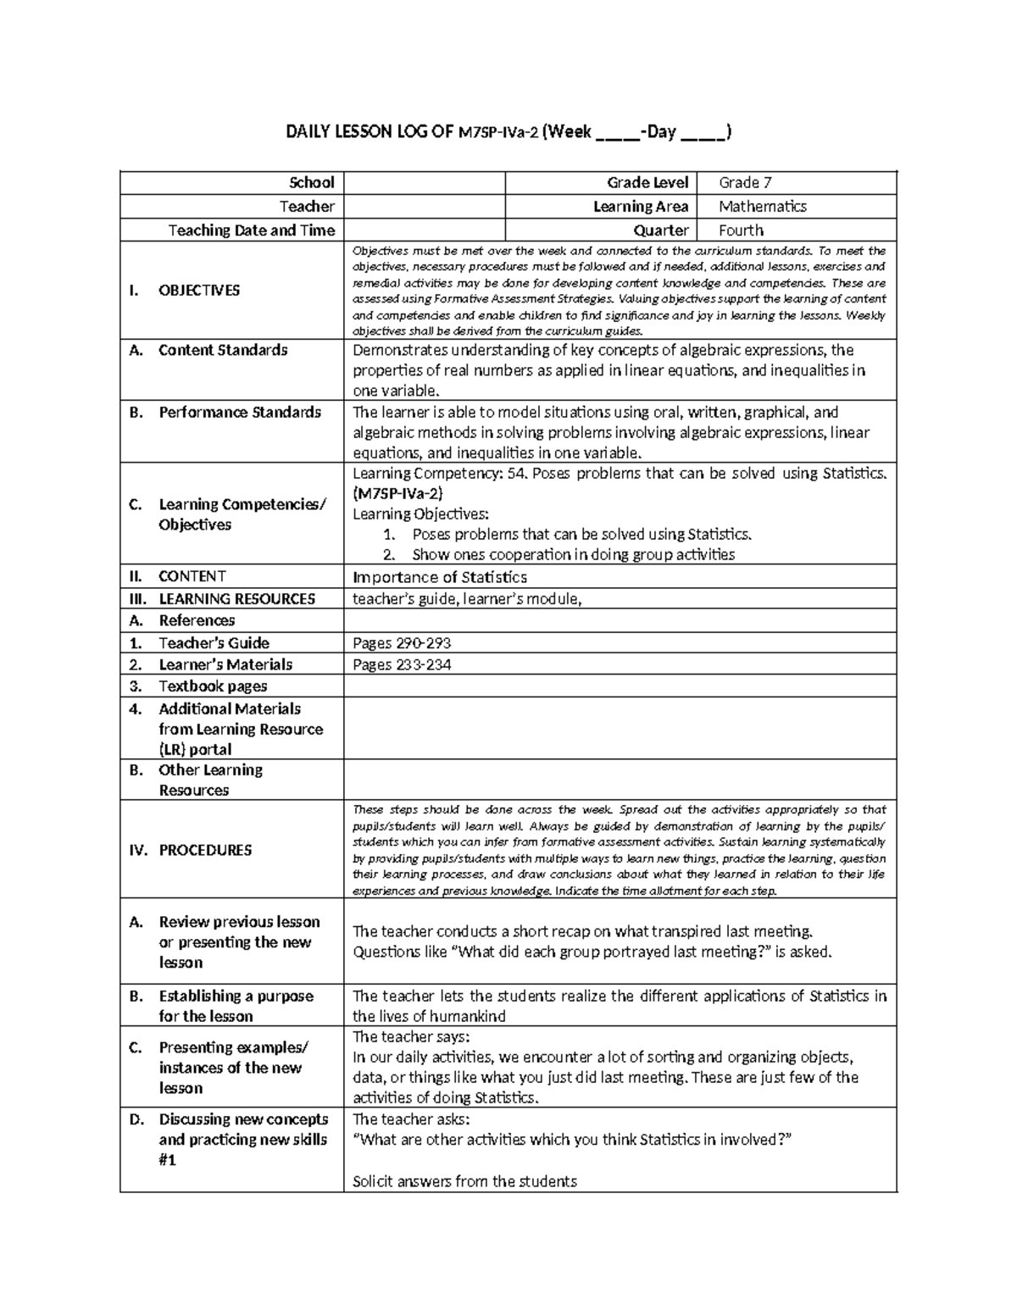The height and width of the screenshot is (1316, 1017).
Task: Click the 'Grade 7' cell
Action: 745,182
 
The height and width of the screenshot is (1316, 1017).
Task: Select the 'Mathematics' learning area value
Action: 762,206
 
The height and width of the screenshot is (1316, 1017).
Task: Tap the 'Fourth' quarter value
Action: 741,230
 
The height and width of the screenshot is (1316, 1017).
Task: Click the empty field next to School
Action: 424,182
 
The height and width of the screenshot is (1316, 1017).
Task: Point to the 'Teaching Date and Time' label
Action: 251,230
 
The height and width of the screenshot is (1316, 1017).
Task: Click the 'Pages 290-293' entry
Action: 402,643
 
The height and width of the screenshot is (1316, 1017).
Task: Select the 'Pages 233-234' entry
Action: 402,665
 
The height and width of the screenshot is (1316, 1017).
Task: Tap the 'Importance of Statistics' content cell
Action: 439,577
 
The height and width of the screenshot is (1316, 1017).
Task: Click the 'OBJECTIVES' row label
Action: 199,291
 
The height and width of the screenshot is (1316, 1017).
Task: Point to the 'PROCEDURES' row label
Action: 205,850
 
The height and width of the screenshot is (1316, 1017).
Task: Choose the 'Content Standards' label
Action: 223,350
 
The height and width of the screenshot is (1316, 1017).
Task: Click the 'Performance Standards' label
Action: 240,413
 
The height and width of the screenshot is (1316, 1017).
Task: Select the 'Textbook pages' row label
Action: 213,686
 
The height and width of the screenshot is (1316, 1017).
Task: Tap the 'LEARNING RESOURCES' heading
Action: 236,599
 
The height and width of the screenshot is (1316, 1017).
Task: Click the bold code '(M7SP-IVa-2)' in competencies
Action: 397,493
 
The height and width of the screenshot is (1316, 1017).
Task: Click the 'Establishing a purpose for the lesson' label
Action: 236,1006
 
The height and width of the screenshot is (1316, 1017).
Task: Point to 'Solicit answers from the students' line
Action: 464,1181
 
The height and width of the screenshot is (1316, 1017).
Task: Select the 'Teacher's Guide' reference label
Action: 214,643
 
